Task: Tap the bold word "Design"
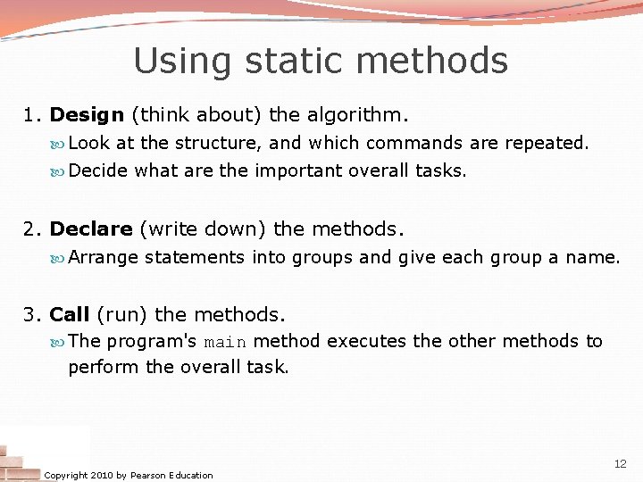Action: coord(87,115)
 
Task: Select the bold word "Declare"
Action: coord(91,229)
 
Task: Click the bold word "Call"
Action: coord(70,315)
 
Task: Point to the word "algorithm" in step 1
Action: coord(353,115)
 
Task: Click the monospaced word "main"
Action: coord(225,342)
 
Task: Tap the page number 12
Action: coord(621,464)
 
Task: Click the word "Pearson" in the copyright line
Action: coord(148,476)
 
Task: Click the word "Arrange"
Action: coord(104,258)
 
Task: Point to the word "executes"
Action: coord(369,342)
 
